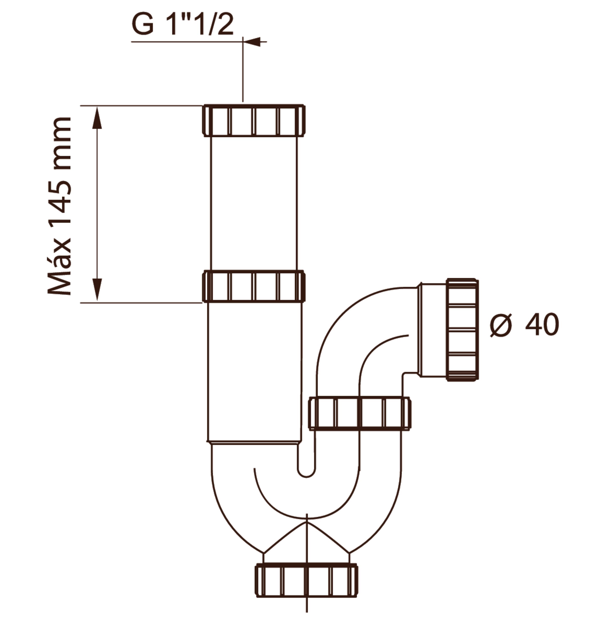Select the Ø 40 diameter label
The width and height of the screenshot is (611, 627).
[524, 325]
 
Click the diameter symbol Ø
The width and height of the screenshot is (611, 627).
[501, 325]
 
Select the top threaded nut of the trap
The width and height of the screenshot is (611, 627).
[254, 120]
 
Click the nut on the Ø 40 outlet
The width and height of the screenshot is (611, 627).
[462, 330]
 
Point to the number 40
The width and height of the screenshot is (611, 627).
[542, 325]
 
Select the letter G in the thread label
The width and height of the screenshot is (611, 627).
[143, 25]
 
